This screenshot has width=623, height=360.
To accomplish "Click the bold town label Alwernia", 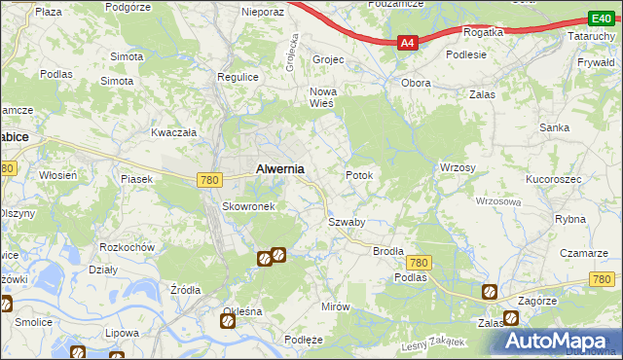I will pos(279,168).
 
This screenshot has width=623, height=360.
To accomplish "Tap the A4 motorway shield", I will pos(408,43).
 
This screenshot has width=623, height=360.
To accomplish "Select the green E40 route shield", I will pos(601,18).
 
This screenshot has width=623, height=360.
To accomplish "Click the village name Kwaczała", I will pos(174,131).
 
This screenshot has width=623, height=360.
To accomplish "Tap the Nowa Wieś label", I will pos(322,98).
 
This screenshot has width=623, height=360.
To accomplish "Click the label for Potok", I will pos(359,175).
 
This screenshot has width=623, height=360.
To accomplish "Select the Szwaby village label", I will pos(346,222).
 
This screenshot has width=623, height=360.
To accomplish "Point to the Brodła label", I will pos(388,251).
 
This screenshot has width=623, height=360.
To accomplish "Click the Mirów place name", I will pos(335,306).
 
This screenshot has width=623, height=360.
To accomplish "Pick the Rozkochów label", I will pos(128,246).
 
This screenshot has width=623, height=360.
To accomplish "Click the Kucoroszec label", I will pos(553,181).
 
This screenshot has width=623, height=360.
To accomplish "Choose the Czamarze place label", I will pos(583,252).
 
